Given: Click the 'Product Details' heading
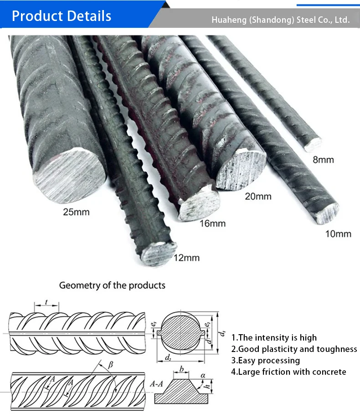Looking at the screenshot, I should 62,16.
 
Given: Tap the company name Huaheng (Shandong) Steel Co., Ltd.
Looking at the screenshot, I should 281,20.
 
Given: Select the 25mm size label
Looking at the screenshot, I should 77,212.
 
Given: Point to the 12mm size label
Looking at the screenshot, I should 186,258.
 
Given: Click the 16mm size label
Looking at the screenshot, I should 212,223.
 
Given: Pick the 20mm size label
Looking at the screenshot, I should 258,197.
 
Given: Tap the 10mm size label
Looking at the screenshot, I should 338,234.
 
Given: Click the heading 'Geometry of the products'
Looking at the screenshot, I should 112,285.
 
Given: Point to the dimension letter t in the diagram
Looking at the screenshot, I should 47,302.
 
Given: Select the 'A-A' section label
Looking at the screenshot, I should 156,384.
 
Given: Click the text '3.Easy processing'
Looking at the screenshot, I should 266,361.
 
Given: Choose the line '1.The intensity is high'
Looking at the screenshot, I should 274,338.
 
